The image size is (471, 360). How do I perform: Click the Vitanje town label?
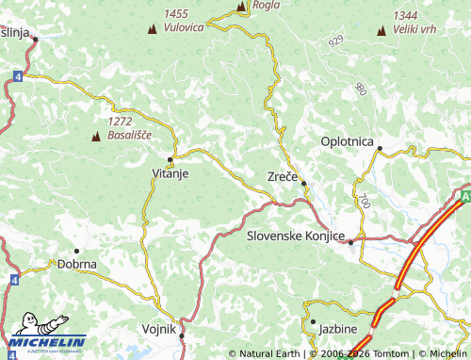tap(171, 173)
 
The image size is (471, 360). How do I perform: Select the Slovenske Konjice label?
tap(296, 236)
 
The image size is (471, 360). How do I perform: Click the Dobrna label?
tap(77, 265)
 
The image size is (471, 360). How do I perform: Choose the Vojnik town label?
tap(159, 332)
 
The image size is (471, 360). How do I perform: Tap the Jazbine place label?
tap(337, 329)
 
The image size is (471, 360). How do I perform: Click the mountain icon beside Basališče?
tap(95, 137)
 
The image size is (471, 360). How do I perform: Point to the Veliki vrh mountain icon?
tap(382, 30)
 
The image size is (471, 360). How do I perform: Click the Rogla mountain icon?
tap(241, 7)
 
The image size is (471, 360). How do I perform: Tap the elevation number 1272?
tap(120, 122)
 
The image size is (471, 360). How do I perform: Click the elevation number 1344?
tap(406, 15)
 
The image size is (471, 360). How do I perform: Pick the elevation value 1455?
tap(176, 14)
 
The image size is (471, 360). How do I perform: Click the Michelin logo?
tap(47, 343)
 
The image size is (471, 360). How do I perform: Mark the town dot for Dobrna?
tap(76, 251)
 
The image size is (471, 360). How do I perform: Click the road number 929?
tap(336, 41)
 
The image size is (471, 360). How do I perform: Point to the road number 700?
tap(365, 201)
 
